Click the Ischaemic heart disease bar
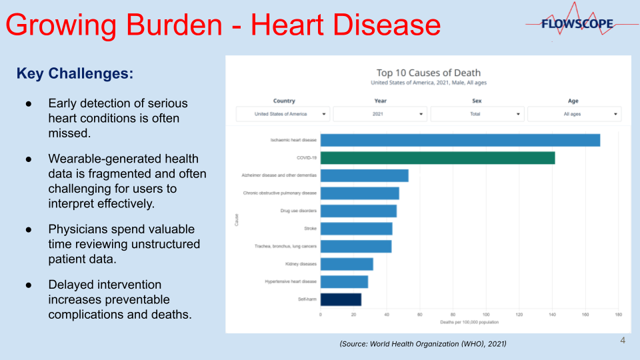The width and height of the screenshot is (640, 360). pyautogui.click(x=460, y=140)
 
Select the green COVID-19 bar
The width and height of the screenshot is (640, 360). pyautogui.click(x=437, y=158)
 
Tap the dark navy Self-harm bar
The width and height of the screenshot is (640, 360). pyautogui.click(x=341, y=299)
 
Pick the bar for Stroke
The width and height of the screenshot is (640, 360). pyautogui.click(x=356, y=229)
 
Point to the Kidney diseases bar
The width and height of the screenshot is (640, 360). pyautogui.click(x=347, y=264)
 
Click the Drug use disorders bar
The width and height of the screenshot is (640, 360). pyautogui.click(x=358, y=211)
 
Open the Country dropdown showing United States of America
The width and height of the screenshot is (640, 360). pyautogui.click(x=283, y=114)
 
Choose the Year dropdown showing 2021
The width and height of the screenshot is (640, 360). pyautogui.click(x=380, y=114)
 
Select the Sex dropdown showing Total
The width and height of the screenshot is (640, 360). pyautogui.click(x=477, y=114)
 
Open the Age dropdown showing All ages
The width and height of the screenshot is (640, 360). pyautogui.click(x=574, y=114)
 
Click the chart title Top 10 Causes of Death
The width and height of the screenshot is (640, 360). pyautogui.click(x=428, y=73)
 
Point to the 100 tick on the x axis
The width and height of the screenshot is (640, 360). pyautogui.click(x=486, y=314)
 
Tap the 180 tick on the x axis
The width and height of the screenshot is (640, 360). pyautogui.click(x=618, y=314)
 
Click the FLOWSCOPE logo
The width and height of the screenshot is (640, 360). pyautogui.click(x=577, y=24)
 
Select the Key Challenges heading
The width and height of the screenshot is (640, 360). pyautogui.click(x=75, y=73)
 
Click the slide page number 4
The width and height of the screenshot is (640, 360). pyautogui.click(x=623, y=341)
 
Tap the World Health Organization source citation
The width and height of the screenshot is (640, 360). pyautogui.click(x=423, y=343)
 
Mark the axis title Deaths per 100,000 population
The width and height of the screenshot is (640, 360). pyautogui.click(x=469, y=322)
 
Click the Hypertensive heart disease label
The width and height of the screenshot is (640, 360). pyautogui.click(x=291, y=281)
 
